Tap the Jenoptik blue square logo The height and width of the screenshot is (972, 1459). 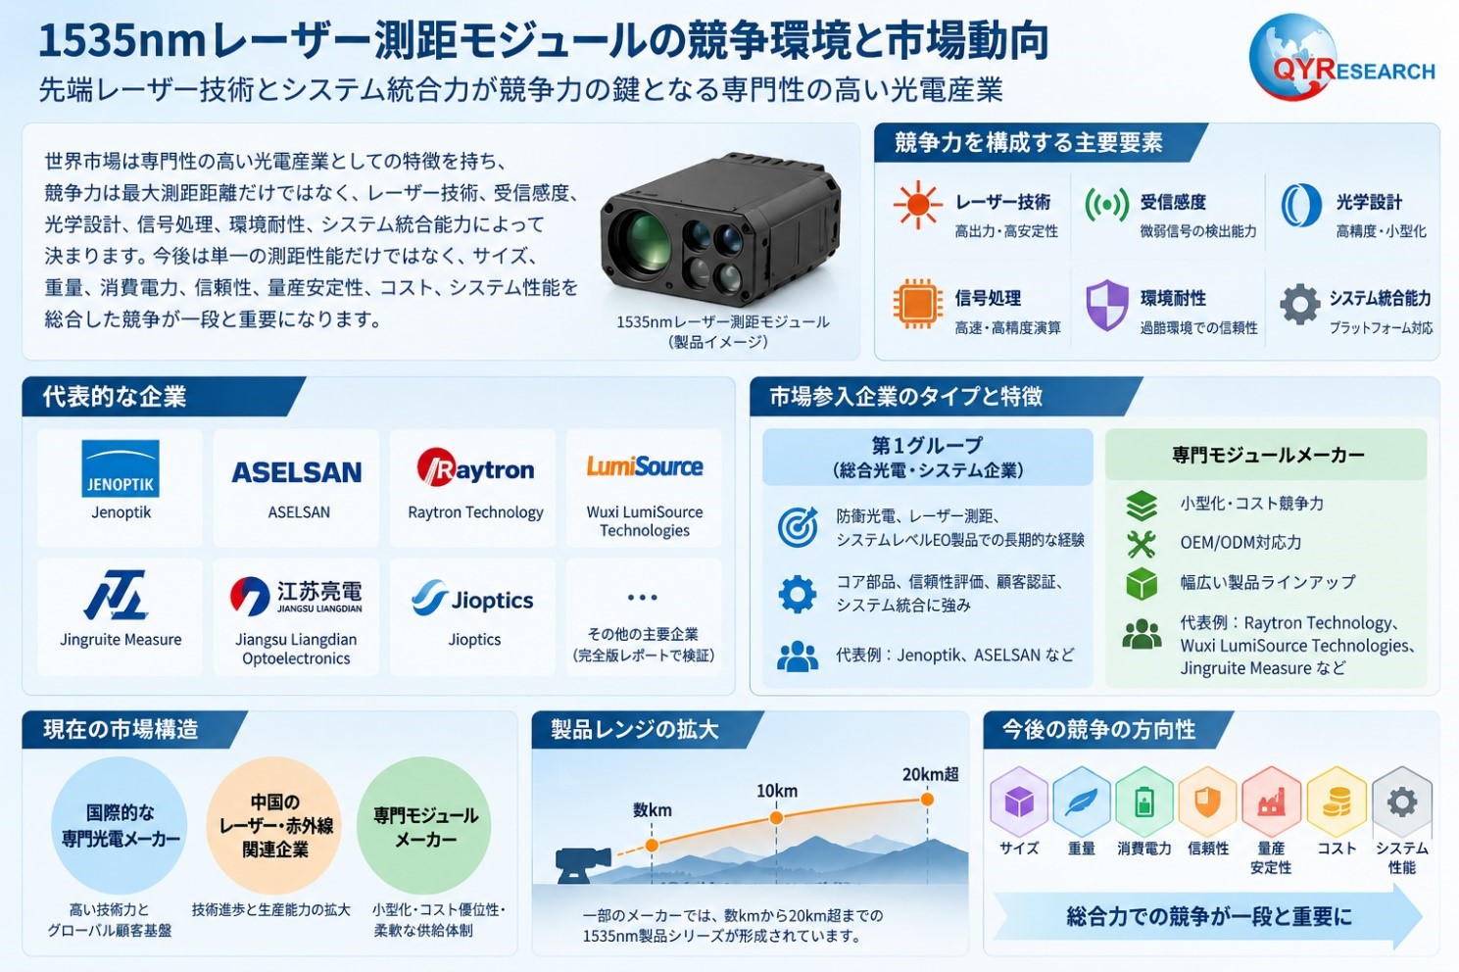click(121, 468)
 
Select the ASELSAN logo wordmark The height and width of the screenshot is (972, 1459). click(296, 472)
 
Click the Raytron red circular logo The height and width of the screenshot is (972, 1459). click(436, 467)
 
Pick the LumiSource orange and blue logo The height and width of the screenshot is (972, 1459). click(644, 466)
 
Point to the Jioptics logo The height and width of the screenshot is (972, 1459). click(473, 599)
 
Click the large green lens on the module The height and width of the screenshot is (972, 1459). click(644, 239)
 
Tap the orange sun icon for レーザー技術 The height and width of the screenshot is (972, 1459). click(918, 205)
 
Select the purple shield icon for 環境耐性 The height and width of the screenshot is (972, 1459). click(1106, 305)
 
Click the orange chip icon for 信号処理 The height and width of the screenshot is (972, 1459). click(918, 304)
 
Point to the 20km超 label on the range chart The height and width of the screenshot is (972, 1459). click(930, 774)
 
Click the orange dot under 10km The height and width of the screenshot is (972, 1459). click(776, 817)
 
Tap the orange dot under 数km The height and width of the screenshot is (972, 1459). click(652, 845)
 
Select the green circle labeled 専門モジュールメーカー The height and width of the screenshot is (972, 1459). click(424, 825)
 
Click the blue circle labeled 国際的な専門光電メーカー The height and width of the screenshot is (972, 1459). click(120, 825)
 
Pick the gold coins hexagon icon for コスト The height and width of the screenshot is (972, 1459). click(1336, 802)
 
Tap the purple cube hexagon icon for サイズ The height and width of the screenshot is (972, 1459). click(1019, 802)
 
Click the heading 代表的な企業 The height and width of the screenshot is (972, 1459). click(115, 396)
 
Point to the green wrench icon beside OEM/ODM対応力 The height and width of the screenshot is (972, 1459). click(1142, 544)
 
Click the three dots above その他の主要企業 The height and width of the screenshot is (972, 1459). click(642, 598)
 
